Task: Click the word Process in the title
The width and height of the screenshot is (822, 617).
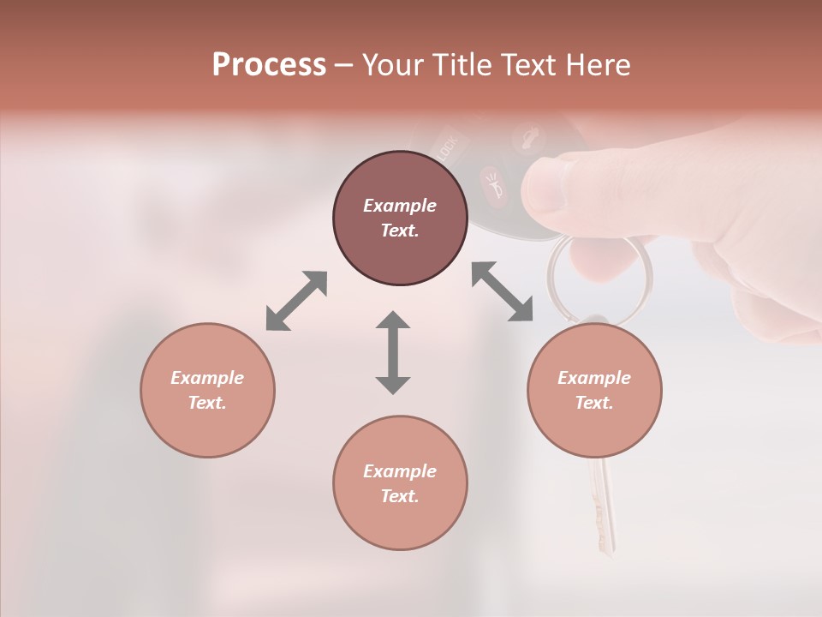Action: point(269,65)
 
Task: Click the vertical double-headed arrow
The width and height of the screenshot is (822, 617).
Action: point(393,352)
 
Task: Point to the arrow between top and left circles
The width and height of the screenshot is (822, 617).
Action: point(296,300)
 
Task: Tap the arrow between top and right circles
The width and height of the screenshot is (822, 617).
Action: point(503,291)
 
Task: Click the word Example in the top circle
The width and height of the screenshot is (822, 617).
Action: point(400,206)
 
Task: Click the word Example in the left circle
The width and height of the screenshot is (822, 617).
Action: point(207,378)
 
